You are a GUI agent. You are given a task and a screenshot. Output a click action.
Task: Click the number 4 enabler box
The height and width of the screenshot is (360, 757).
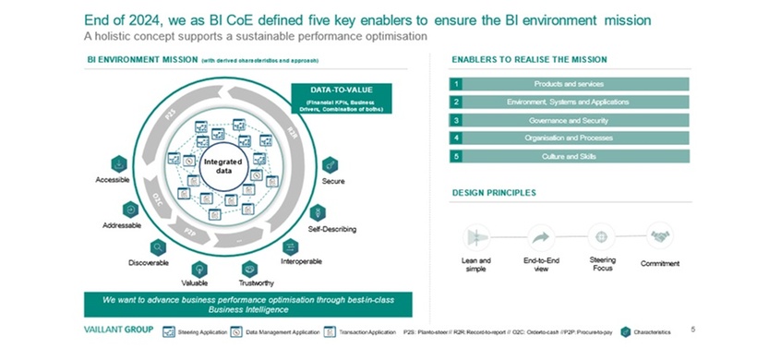click(x=456, y=138)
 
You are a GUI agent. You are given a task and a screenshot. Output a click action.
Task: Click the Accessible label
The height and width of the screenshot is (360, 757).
click(x=113, y=180)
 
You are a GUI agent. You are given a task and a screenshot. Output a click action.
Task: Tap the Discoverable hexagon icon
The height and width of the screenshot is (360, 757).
click(x=159, y=246)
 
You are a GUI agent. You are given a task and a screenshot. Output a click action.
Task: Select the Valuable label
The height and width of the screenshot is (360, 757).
click(x=194, y=282)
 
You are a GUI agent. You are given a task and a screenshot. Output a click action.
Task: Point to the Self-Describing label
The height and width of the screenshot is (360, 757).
click(x=331, y=228)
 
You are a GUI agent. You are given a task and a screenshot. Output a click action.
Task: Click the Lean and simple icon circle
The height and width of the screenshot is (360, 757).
click(x=476, y=237)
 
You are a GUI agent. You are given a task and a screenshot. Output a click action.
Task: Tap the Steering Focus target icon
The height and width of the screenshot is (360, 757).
click(x=603, y=236)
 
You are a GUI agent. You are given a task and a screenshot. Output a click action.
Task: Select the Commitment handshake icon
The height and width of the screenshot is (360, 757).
click(x=660, y=236)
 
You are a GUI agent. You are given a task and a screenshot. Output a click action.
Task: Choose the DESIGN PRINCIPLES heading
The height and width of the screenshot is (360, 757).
click(x=494, y=193)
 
